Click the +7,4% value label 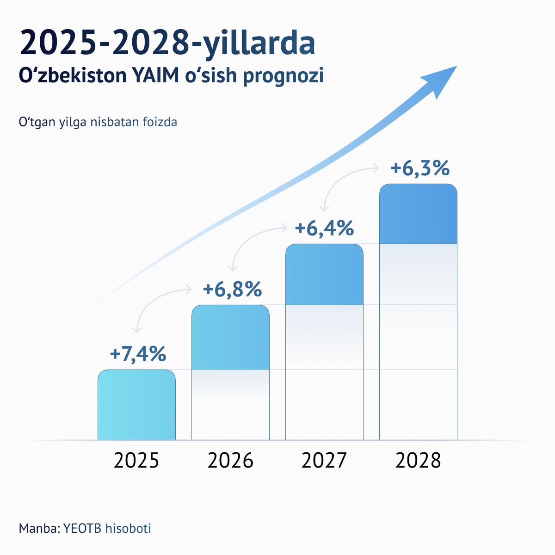138,354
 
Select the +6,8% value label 232,290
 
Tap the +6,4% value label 324,228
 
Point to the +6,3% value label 419,168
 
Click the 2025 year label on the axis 136,461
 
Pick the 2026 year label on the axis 230,461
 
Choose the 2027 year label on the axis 324,461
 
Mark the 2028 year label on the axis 418,461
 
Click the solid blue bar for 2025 136,405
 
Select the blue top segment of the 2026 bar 230,337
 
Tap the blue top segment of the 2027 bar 324,274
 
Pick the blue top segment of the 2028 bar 418,214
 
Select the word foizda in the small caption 160,123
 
